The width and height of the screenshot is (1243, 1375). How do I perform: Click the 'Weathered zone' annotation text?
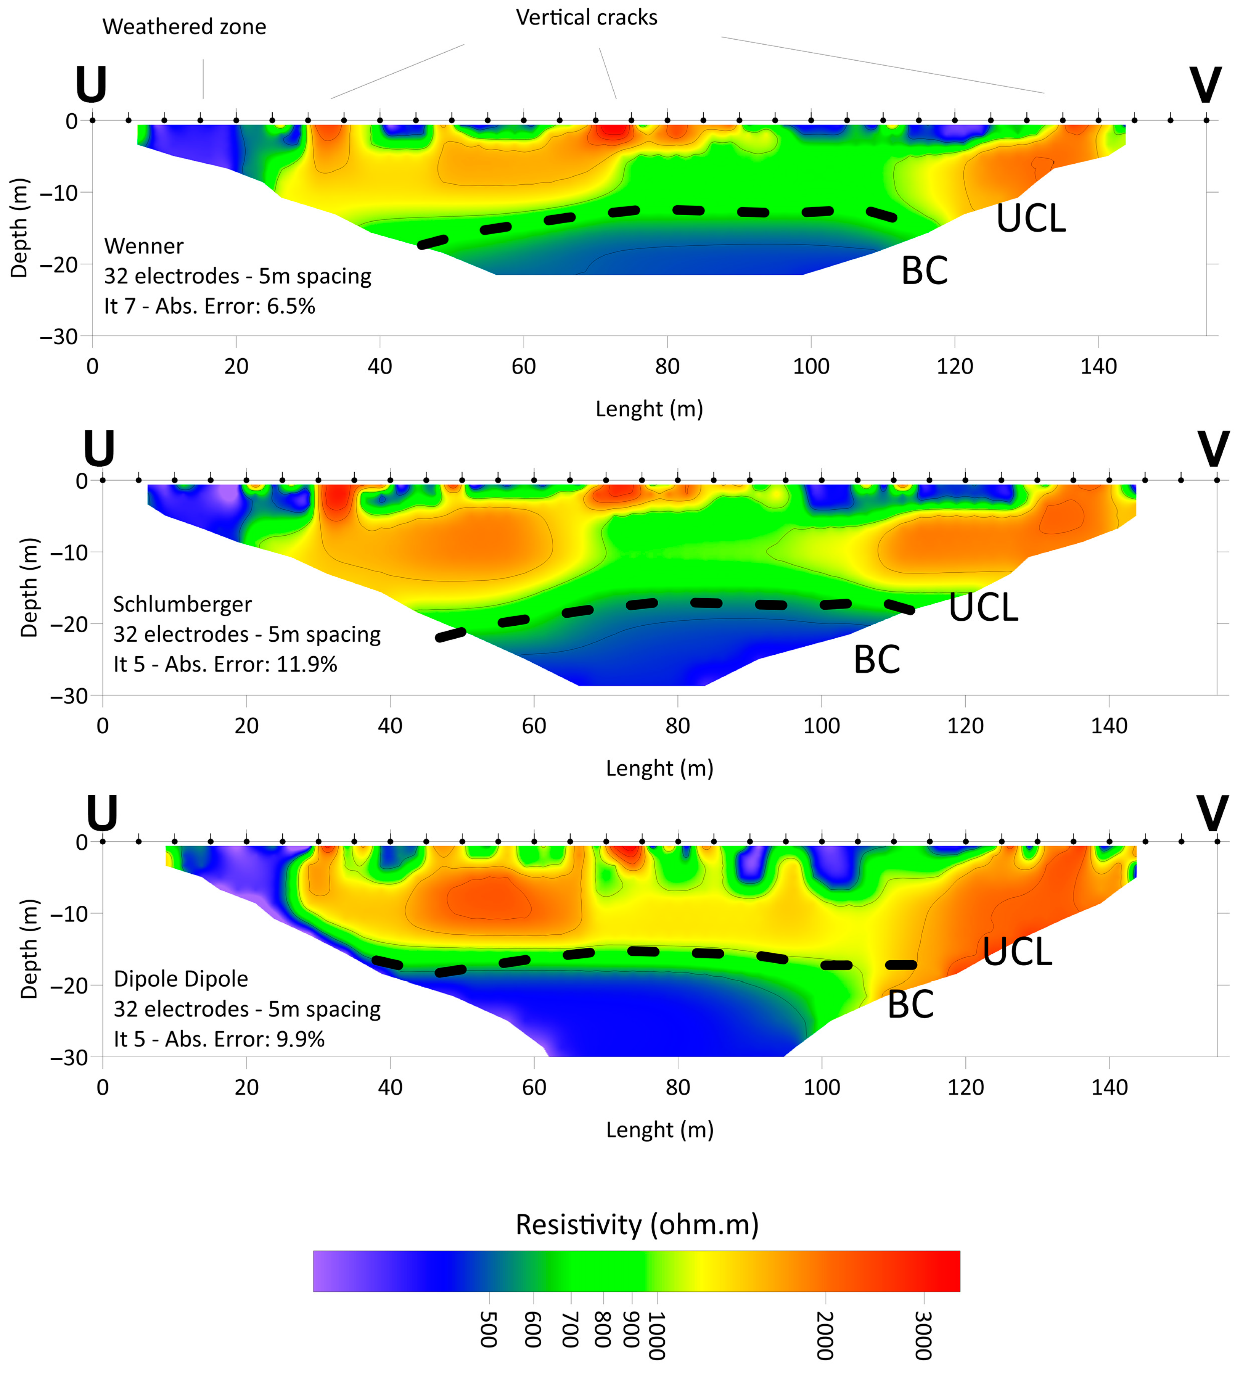(x=184, y=27)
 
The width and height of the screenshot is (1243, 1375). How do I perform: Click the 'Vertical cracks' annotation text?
(x=586, y=18)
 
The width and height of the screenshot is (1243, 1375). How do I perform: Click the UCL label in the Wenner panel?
(x=1030, y=219)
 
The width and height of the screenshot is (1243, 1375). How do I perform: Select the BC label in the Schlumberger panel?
(x=877, y=660)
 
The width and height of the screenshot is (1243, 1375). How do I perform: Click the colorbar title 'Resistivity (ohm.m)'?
(x=637, y=1224)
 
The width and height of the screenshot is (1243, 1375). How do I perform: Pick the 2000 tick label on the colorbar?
(x=824, y=1335)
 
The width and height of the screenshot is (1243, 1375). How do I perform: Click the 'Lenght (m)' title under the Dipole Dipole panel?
(x=659, y=1129)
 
